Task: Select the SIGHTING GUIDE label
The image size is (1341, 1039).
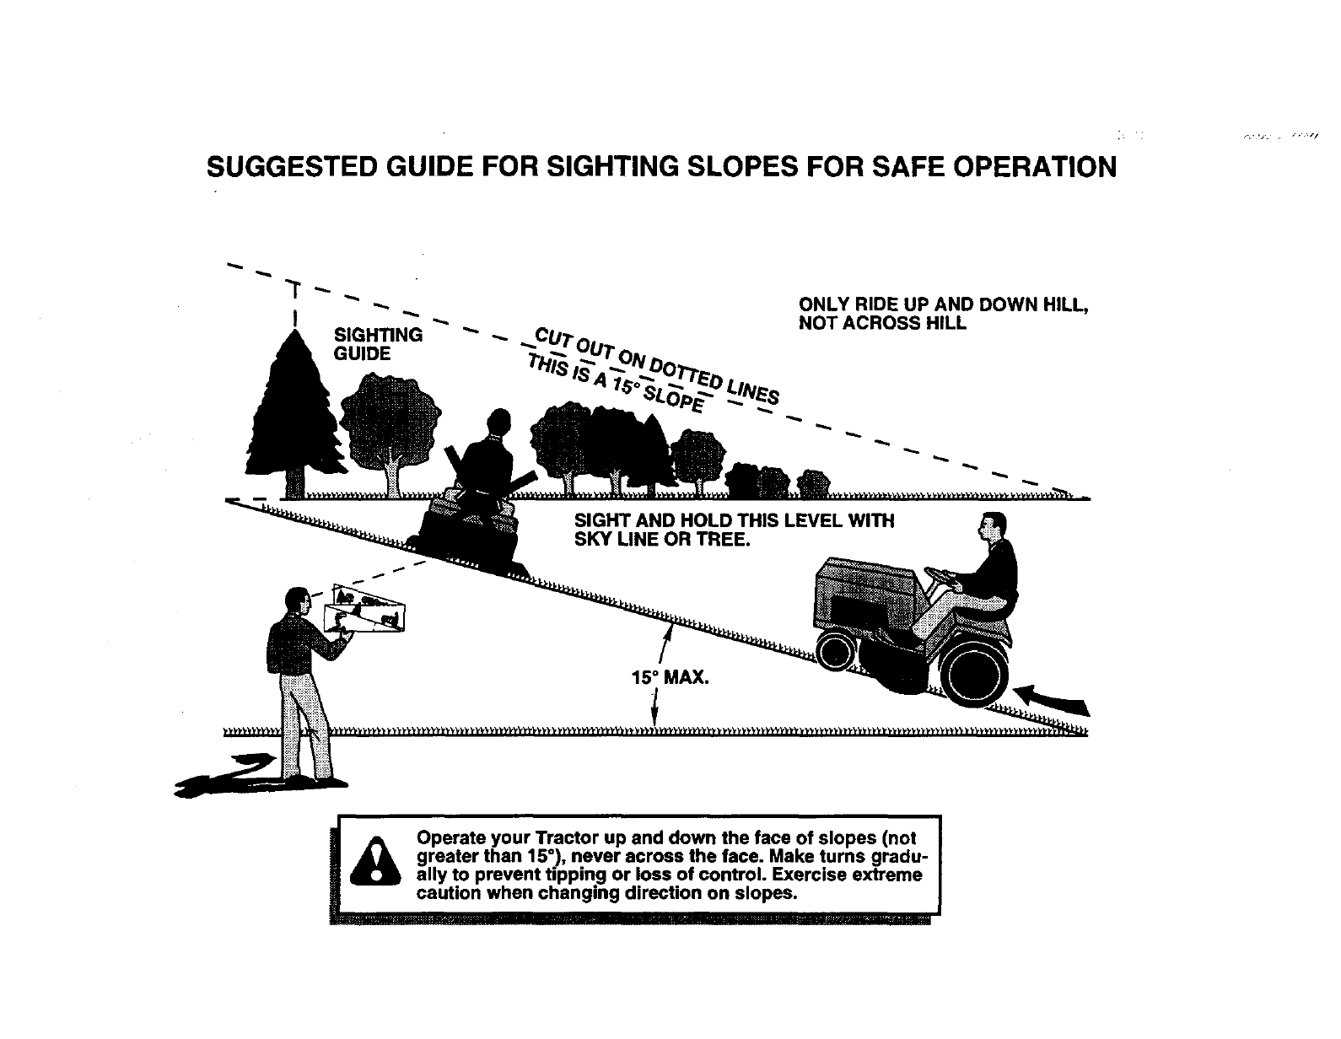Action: point(378,344)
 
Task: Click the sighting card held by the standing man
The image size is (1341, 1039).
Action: point(367,610)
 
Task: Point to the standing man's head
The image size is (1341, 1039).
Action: point(296,600)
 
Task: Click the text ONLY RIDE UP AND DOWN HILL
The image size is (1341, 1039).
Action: point(943,304)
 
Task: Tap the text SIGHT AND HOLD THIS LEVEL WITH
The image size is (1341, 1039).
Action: point(734,520)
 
